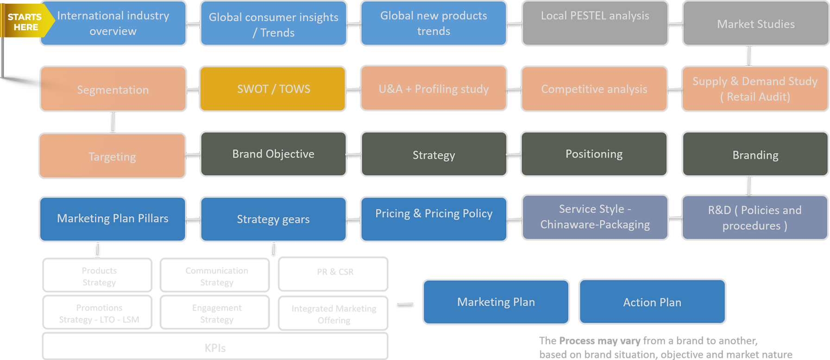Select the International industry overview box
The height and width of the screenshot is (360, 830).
tap(113, 23)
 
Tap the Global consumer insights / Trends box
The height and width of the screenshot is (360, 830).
tap(273, 24)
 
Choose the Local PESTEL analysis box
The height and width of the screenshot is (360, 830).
tap(595, 23)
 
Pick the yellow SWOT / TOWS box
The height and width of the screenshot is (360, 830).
tap(273, 89)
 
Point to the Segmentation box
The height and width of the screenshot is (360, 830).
tap(113, 89)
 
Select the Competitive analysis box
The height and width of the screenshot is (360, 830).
tap(594, 89)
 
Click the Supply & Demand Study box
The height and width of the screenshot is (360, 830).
tap(755, 89)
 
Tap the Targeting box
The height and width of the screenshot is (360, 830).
tap(112, 156)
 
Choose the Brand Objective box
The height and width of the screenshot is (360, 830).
tap(273, 154)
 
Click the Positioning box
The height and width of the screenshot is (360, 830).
tap(594, 154)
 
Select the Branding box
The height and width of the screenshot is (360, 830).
tap(755, 155)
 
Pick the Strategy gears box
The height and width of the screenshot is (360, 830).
tap(273, 219)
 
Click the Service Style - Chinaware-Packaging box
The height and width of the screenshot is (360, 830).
tap(595, 217)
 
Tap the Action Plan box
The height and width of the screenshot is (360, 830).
tap(652, 302)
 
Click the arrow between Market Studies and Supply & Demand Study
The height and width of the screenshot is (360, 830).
tap(749, 56)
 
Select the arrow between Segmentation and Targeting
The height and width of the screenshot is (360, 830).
tap(113, 122)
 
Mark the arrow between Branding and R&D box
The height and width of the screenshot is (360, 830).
tap(749, 186)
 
